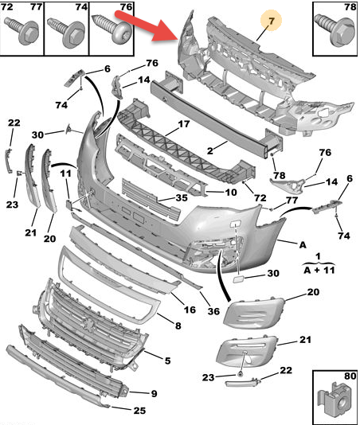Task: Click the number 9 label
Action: (153, 392)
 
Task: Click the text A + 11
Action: (319, 269)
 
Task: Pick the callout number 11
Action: (65, 173)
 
